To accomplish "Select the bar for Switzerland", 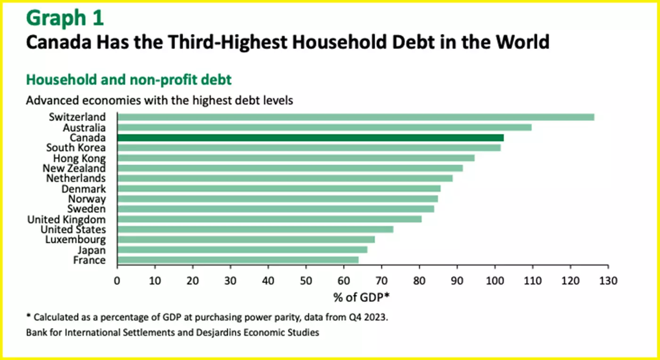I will coord(355,117).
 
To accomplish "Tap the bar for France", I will coord(238,260).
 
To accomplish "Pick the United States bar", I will coord(255,229).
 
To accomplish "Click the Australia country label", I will coord(84,127).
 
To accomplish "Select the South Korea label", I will coord(76,147).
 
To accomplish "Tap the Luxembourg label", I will coord(75,239).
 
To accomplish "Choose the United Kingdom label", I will coord(66,219).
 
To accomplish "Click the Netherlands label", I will coord(76,178).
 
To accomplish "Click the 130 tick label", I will coord(608,281).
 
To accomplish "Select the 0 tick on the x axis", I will coord(117,281).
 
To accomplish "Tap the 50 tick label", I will coord(306,281).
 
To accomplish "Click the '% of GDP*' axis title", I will coord(362,297).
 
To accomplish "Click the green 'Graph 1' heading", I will coord(65,18).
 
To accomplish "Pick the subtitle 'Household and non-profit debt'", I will coord(129,80).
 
